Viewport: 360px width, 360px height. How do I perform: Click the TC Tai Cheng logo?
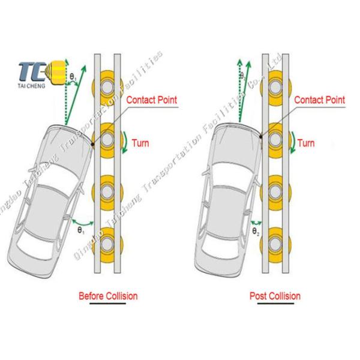click(x=33, y=73)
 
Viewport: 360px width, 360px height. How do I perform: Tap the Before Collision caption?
click(x=109, y=296)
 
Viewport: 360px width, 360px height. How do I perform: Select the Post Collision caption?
click(x=275, y=296)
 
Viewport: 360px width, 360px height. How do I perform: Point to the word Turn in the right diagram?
click(x=306, y=143)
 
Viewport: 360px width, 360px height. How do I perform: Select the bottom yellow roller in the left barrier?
click(x=108, y=245)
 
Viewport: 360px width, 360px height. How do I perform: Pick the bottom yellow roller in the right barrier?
click(x=276, y=245)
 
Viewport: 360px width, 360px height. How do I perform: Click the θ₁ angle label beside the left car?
click(x=80, y=229)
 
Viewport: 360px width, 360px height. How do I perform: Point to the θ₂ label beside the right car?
click(x=255, y=229)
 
